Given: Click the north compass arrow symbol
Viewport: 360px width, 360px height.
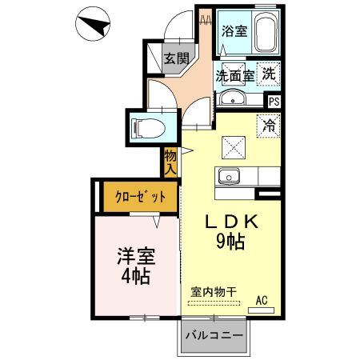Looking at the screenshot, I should (x=94, y=27).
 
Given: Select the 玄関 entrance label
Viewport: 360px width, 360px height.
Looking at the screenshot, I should (x=177, y=58).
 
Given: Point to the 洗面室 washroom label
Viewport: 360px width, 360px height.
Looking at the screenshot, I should (x=234, y=76).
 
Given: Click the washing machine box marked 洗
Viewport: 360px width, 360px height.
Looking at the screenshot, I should (x=270, y=72).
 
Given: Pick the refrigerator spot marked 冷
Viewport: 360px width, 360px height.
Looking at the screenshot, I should (x=270, y=125).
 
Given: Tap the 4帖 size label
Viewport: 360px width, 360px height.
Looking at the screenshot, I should (x=136, y=278).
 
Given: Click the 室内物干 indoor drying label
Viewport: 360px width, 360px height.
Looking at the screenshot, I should (x=214, y=292).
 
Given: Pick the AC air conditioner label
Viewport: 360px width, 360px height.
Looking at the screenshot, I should (x=261, y=301).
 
